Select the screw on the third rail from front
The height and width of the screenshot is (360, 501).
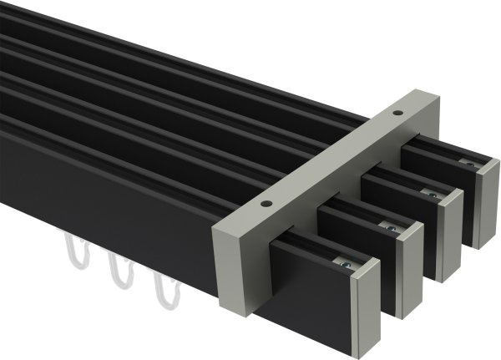tap(432, 194)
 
